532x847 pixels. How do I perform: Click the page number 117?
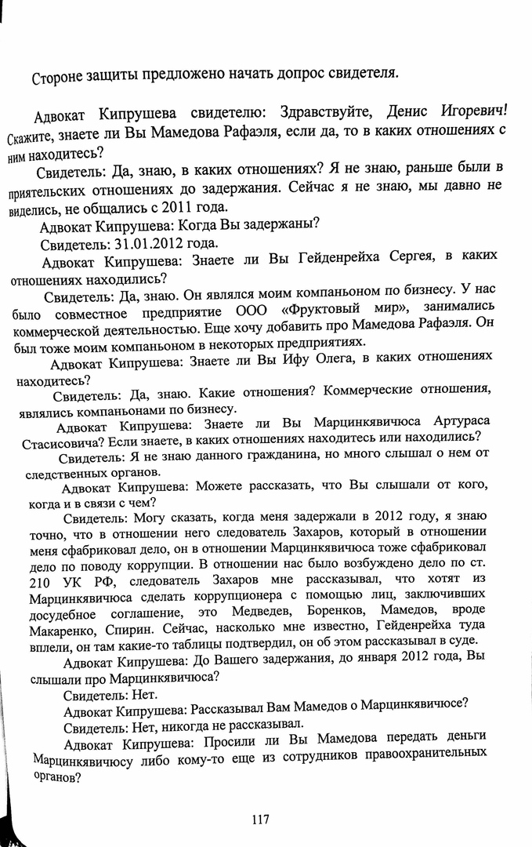point(261,820)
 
